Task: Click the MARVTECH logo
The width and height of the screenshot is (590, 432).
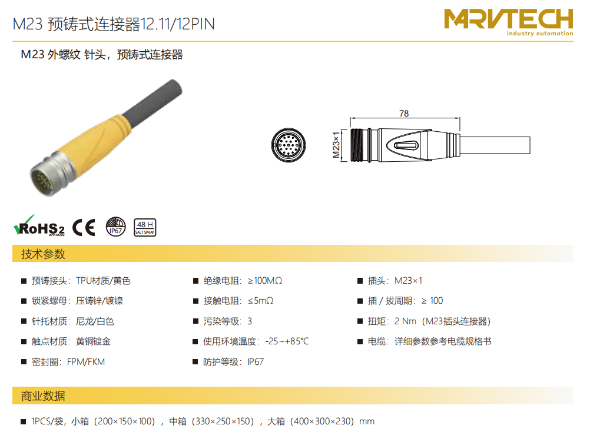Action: tap(508, 22)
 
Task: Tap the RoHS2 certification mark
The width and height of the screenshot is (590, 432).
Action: tap(39, 226)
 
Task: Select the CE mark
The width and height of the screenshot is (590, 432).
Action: tap(84, 227)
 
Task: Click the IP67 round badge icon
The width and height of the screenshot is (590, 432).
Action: tap(115, 227)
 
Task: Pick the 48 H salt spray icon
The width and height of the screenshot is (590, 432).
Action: tap(145, 227)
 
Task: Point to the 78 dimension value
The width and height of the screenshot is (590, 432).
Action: tap(404, 113)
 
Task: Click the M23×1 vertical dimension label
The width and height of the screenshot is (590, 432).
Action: tap(336, 145)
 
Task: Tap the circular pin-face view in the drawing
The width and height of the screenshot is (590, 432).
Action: tap(289, 145)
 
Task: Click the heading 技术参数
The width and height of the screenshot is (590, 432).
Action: tap(43, 254)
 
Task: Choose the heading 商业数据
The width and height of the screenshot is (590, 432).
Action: tap(43, 396)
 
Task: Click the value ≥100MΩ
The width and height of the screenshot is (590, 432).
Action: tap(265, 281)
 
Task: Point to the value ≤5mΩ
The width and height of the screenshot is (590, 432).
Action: tap(260, 301)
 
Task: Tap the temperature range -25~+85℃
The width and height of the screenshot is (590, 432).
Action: tap(287, 341)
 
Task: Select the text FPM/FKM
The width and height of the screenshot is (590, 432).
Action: tap(86, 362)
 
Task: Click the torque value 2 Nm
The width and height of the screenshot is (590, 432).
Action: tap(405, 321)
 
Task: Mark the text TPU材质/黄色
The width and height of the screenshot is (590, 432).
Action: tap(103, 281)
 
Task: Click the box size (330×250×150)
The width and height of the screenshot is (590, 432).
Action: tap(223, 421)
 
